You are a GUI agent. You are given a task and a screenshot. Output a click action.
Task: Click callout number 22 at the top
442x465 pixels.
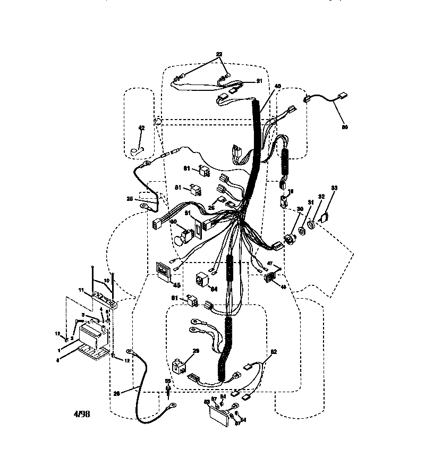219,55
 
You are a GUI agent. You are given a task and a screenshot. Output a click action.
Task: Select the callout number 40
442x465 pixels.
277,87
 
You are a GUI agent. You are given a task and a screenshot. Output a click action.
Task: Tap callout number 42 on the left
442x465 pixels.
141,128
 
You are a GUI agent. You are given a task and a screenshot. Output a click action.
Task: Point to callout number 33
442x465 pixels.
334,188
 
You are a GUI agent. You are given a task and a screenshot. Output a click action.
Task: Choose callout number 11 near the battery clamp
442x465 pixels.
82,290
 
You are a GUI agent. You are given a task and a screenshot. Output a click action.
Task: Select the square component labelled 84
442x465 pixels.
202,278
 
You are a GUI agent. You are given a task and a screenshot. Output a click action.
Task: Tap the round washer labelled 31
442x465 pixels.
302,231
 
